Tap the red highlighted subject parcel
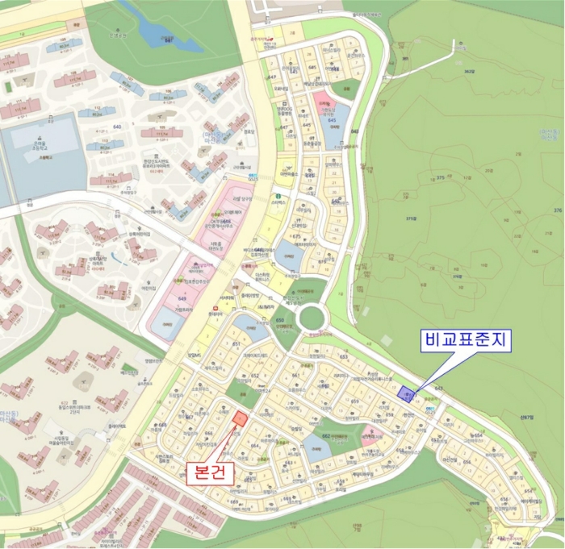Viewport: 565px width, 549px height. coord(240,418)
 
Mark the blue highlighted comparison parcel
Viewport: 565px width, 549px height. coord(405,393)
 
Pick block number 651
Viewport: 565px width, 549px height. coord(237,344)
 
